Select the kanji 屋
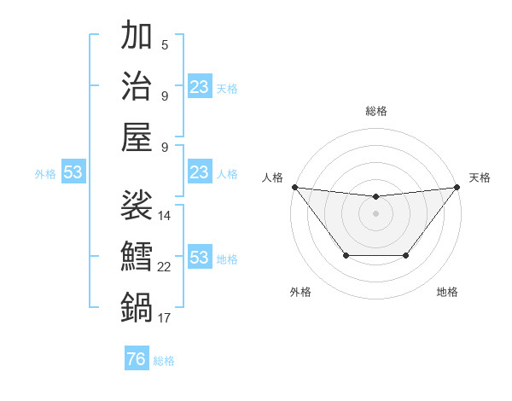(x=137, y=136)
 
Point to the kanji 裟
(x=137, y=206)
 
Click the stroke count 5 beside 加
(x=165, y=44)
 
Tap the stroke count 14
(x=165, y=216)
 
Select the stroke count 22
(x=165, y=267)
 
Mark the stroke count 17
(x=165, y=318)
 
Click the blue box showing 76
(x=136, y=359)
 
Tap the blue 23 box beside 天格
(x=200, y=87)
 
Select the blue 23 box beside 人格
(x=200, y=173)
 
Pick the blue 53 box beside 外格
(x=73, y=173)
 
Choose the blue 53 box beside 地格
(x=200, y=258)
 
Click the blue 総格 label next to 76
(x=164, y=361)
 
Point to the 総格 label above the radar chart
(x=375, y=111)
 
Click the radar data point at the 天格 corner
(x=457, y=187)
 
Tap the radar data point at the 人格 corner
(x=294, y=187)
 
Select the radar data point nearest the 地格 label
(x=406, y=255)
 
